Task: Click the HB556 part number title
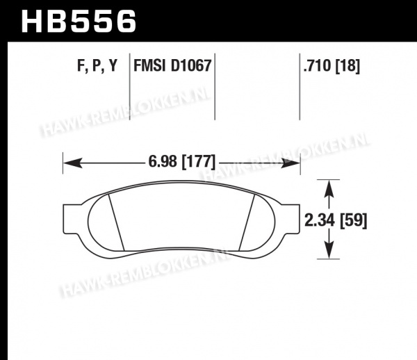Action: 79,22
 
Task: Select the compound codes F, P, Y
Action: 97,65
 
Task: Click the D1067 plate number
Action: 191,65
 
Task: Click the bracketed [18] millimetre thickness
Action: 347,65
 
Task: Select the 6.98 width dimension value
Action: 163,161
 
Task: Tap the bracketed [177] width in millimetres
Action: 198,161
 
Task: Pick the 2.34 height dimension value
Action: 320,220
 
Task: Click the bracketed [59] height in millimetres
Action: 354,221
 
